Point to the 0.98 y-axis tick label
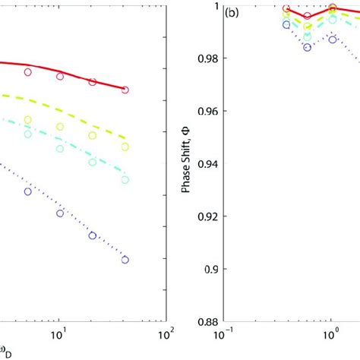pos(207,58)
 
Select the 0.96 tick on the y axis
pos(207,111)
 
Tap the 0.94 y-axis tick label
pos(207,163)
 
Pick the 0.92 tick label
pos(207,216)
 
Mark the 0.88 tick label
pos(207,321)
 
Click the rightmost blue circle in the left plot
pos(125,260)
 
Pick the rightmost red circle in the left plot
pos(125,90)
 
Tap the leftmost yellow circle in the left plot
pos(28,119)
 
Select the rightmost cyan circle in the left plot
pos(125,180)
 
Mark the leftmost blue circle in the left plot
pos(28,191)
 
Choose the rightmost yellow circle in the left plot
pos(125,147)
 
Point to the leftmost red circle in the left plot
pos(28,72)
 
